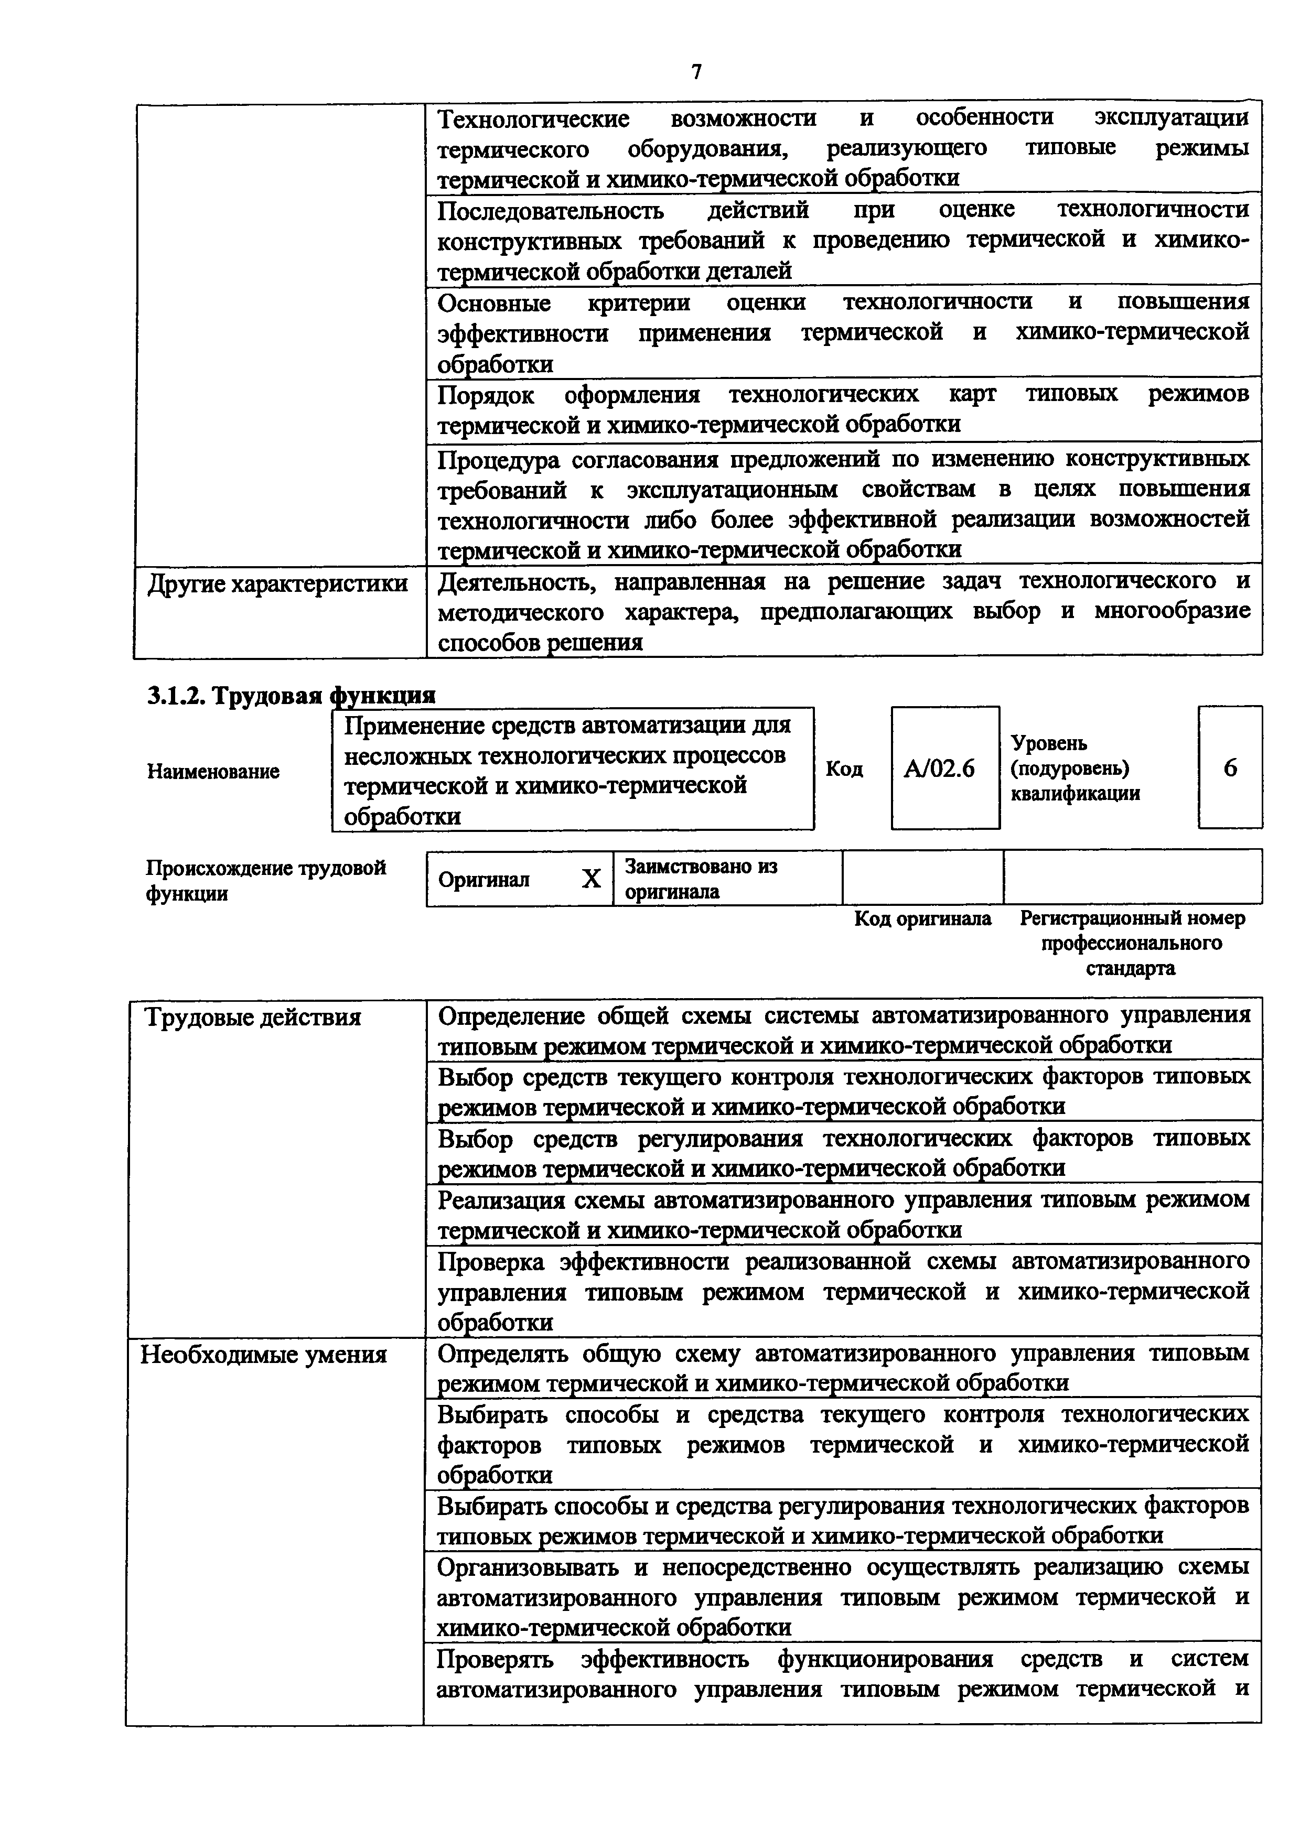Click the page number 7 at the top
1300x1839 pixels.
tap(696, 73)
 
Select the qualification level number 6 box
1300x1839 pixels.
tap(1230, 768)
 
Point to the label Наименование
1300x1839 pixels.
tap(213, 771)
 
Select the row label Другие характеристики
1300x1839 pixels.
tap(277, 583)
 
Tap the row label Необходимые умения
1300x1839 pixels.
tap(264, 1355)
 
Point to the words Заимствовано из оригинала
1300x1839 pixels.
tap(701, 879)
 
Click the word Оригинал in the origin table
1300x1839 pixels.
tap(484, 880)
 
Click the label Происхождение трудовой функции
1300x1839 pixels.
tap(265, 880)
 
